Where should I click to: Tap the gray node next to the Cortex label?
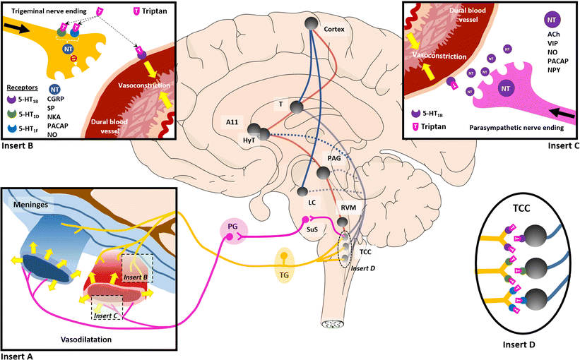coord(312,23)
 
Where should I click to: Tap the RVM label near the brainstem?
coord(348,209)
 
